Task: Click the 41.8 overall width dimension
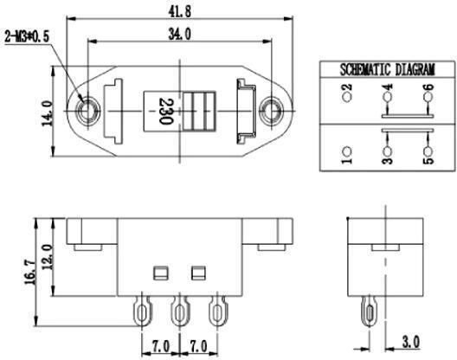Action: (180, 11)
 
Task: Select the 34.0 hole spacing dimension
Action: (180, 35)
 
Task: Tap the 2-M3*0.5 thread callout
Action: (27, 37)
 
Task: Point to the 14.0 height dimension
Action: (48, 113)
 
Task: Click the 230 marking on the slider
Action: (166, 112)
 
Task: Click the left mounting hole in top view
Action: (87, 111)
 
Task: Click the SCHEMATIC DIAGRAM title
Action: (388, 70)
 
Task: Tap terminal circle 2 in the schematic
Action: (347, 97)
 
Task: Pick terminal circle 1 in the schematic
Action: (347, 151)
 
